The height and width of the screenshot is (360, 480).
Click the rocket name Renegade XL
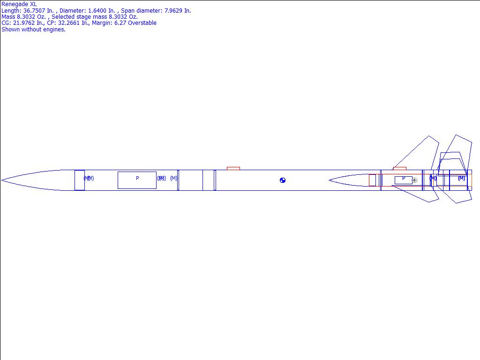[x=19, y=4]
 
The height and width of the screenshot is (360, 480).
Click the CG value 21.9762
[x=24, y=23]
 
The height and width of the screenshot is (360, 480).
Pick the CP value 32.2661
[x=69, y=23]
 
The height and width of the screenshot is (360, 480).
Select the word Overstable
[x=142, y=23]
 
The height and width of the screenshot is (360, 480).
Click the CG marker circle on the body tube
[x=283, y=180]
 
